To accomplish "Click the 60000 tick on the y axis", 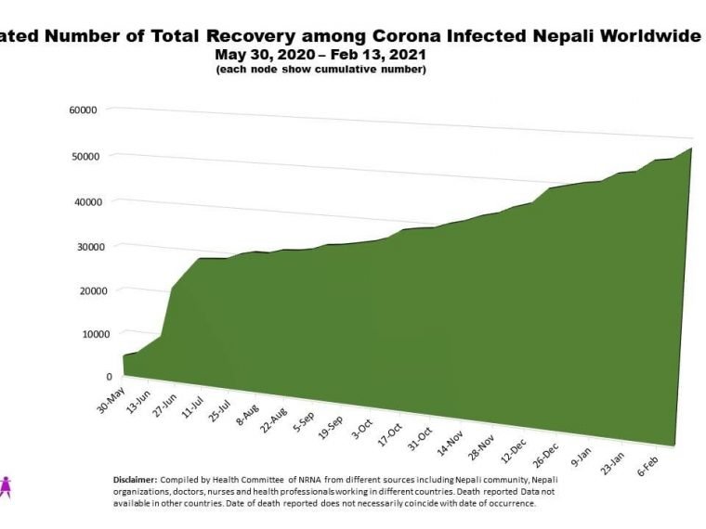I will click(84, 110).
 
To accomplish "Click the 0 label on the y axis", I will click(110, 377).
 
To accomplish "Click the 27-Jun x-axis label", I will click(165, 413).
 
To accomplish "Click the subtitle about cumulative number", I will click(320, 70).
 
